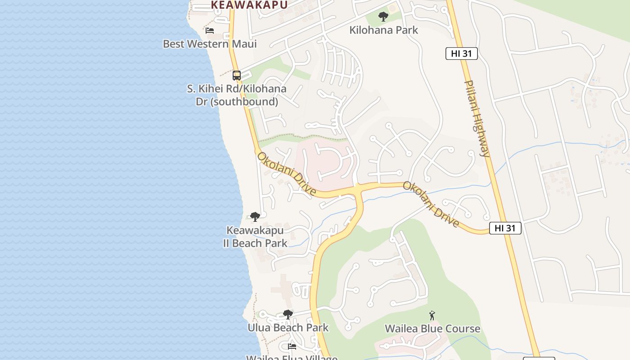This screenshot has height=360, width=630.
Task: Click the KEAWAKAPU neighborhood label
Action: tap(249, 4)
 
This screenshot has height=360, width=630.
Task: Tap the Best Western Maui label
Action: tap(210, 44)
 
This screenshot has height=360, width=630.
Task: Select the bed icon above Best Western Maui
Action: tap(210, 31)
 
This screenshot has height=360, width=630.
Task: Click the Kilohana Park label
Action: tap(384, 30)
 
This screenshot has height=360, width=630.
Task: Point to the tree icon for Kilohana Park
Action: tap(383, 17)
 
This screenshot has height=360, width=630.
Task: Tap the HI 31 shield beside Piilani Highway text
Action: tap(461, 54)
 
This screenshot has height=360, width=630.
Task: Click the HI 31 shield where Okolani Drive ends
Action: tap(505, 228)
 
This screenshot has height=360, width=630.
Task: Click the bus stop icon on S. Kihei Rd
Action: tap(237, 76)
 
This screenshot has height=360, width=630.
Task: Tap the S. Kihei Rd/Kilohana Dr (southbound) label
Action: tap(237, 95)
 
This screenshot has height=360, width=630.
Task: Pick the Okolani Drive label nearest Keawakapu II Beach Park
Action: tap(286, 174)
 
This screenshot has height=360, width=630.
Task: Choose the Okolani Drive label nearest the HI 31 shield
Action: tap(431, 204)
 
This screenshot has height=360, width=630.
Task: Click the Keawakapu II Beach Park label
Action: tap(255, 237)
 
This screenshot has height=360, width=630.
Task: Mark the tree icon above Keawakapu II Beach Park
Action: tap(255, 217)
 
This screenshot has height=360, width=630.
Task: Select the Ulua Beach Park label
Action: tap(288, 327)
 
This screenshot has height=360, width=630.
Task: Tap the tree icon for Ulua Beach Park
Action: tap(288, 315)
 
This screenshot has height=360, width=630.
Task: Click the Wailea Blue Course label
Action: tap(432, 328)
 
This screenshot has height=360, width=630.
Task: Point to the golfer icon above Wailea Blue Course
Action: tap(432, 315)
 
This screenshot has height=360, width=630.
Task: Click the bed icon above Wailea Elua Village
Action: tap(292, 346)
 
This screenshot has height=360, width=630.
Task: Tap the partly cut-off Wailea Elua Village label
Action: tap(292, 357)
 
